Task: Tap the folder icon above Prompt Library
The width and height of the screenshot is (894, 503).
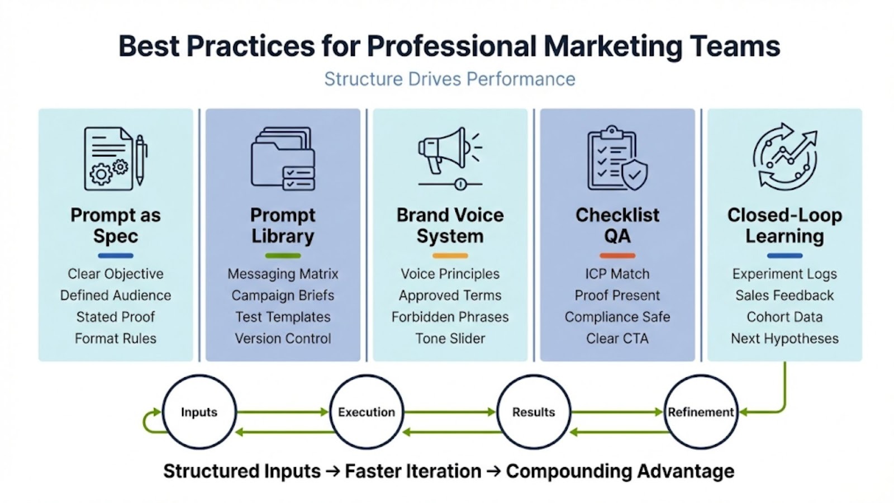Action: tap(282, 159)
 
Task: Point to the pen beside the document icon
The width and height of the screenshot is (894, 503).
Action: tap(140, 160)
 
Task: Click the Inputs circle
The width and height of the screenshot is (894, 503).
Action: tap(199, 412)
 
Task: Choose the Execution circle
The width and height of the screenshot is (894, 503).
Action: tap(366, 412)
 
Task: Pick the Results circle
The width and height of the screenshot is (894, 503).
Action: tap(533, 412)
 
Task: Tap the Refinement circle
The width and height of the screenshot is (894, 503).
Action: tap(700, 412)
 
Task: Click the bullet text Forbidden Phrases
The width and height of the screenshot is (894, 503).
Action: tap(450, 317)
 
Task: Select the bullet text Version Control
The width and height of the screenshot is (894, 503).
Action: tap(283, 338)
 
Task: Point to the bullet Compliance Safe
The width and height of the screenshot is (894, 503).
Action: tap(617, 317)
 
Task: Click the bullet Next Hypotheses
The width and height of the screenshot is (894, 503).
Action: tap(784, 338)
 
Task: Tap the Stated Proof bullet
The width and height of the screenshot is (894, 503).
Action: tap(116, 317)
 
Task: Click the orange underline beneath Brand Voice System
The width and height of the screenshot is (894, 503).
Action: tap(450, 256)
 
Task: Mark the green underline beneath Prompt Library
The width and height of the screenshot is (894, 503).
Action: tap(283, 256)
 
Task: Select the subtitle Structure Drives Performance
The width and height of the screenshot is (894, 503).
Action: tap(450, 79)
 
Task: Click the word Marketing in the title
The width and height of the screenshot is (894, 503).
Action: tap(612, 46)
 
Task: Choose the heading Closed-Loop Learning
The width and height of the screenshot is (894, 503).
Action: tap(784, 225)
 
